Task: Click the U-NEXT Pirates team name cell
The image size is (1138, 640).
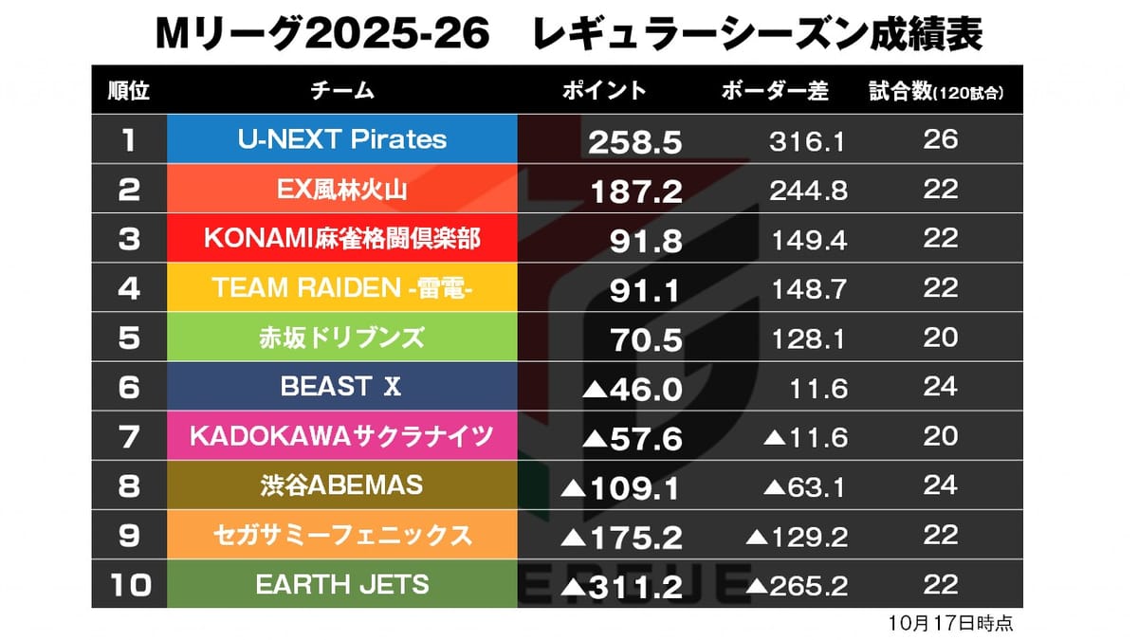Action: (x=341, y=139)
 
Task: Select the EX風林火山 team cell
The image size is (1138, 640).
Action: (x=341, y=189)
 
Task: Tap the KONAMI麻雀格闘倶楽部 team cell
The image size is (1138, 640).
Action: (x=341, y=238)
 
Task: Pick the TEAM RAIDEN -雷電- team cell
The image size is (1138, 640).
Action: (x=341, y=287)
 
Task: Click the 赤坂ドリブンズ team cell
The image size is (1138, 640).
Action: (x=341, y=337)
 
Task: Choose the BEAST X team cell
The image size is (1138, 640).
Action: (x=341, y=386)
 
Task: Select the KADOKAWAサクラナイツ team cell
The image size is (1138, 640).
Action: (x=341, y=435)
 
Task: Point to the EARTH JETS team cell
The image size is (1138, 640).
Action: (x=341, y=584)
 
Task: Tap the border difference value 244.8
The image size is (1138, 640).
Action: (x=809, y=192)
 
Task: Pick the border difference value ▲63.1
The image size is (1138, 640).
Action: (x=805, y=487)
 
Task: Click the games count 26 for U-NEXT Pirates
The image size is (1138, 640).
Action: (x=941, y=140)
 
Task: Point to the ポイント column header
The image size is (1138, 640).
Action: (x=604, y=91)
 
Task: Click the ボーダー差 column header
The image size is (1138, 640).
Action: (x=775, y=91)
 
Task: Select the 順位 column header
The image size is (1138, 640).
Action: (x=129, y=91)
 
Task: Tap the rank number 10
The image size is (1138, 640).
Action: (x=129, y=585)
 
